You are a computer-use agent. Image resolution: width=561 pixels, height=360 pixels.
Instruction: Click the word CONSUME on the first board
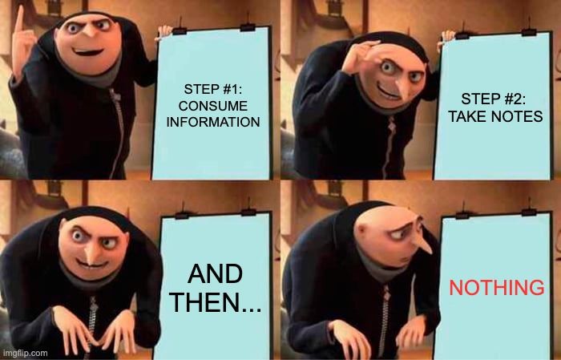(213, 106)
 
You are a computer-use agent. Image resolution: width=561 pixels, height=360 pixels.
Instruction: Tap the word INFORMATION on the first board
(213, 122)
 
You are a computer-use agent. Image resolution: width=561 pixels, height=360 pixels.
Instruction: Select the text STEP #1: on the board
(213, 89)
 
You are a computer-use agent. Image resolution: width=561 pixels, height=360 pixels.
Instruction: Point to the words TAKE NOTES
(495, 117)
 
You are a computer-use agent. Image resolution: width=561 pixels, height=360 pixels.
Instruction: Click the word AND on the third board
(215, 274)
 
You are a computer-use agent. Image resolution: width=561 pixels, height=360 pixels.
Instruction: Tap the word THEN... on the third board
(215, 302)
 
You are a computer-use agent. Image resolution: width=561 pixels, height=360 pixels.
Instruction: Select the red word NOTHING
(497, 288)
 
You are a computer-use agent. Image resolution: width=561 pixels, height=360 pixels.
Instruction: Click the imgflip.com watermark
(23, 354)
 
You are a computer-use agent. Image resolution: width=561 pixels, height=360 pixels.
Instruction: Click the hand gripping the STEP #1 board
(165, 32)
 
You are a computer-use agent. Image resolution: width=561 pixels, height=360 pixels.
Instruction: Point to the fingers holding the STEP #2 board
(448, 37)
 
